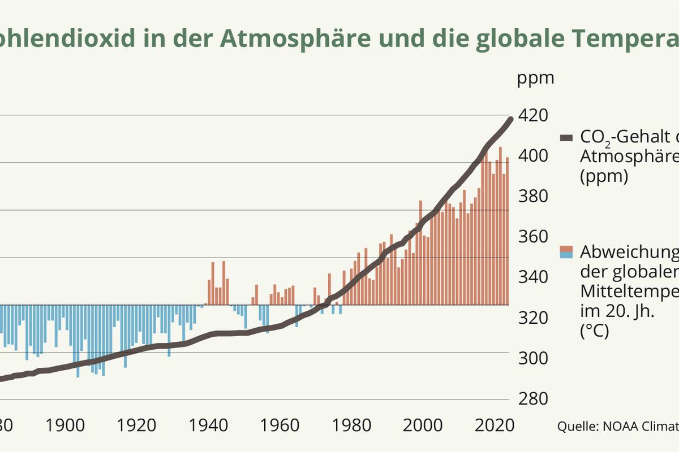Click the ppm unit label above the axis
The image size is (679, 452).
535,78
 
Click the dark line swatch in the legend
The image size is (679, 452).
566,138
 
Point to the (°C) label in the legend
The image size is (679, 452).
594,332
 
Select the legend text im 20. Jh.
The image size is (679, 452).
617,311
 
